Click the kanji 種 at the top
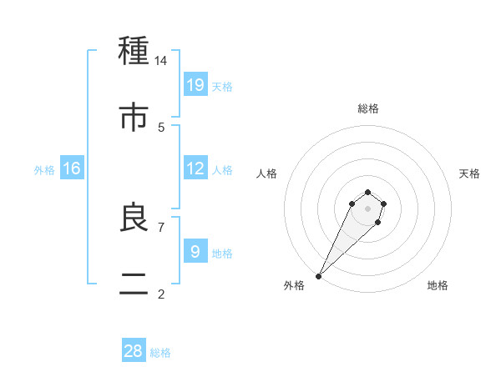click(x=134, y=52)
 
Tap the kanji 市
click(x=134, y=118)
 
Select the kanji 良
click(x=134, y=218)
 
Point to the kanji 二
click(x=134, y=284)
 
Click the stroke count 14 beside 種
click(x=161, y=60)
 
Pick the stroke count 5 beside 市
click(x=161, y=127)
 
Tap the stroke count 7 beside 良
click(x=161, y=226)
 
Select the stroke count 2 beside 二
click(x=161, y=294)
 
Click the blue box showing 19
click(x=195, y=84)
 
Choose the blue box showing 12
click(x=195, y=168)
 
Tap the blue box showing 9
click(x=195, y=251)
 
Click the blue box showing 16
click(x=72, y=168)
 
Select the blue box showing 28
click(x=134, y=351)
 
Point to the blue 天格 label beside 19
click(x=222, y=87)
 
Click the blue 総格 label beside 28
click(x=160, y=353)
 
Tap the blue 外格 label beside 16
click(x=44, y=170)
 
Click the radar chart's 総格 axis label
click(x=368, y=108)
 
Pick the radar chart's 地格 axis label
click(x=438, y=286)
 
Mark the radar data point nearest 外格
click(x=318, y=275)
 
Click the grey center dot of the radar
click(x=367, y=208)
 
